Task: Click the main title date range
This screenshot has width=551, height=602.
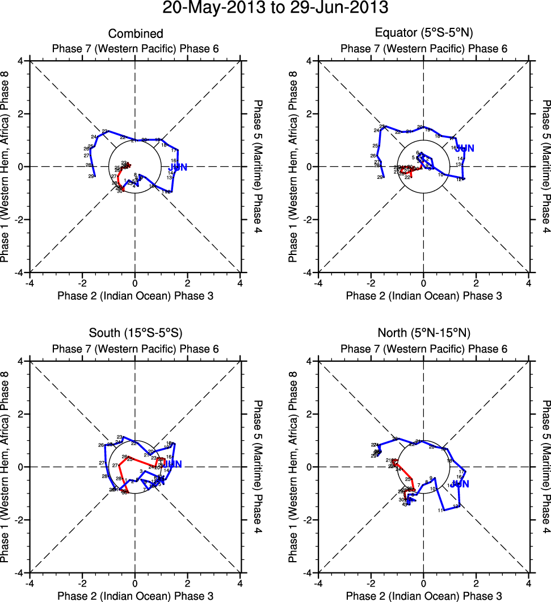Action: [x=275, y=9]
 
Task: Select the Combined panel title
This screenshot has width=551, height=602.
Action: [x=134, y=34]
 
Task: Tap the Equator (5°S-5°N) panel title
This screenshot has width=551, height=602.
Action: [x=423, y=34]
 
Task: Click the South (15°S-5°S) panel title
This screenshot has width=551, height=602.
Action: [x=134, y=333]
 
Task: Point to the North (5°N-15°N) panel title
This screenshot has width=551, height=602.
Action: [x=423, y=333]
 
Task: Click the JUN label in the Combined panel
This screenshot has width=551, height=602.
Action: [x=178, y=167]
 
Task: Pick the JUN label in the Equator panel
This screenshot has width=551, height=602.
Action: [x=465, y=149]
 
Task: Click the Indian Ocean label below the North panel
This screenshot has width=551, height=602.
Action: [x=423, y=596]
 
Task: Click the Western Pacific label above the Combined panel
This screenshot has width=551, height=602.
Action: [x=134, y=48]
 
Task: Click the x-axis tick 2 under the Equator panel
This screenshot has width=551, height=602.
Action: [x=476, y=283]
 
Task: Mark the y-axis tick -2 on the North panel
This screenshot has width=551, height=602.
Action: [x=309, y=520]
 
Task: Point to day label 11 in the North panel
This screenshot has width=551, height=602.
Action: [x=441, y=511]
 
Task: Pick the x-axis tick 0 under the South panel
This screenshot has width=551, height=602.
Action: [x=134, y=583]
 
